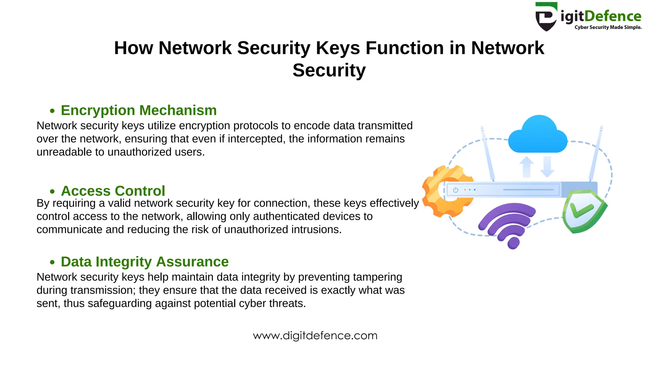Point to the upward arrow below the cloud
pyautogui.click(x=526, y=167)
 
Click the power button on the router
pyautogui.click(x=456, y=190)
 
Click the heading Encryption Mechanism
pyautogui.click(x=138, y=110)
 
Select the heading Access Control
pyautogui.click(x=113, y=191)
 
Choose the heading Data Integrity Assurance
pyautogui.click(x=145, y=262)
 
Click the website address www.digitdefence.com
pyautogui.click(x=315, y=336)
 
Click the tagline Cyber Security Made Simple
pyautogui.click(x=608, y=28)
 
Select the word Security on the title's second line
pyautogui.click(x=329, y=70)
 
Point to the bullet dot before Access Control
pyautogui.click(x=52, y=192)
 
